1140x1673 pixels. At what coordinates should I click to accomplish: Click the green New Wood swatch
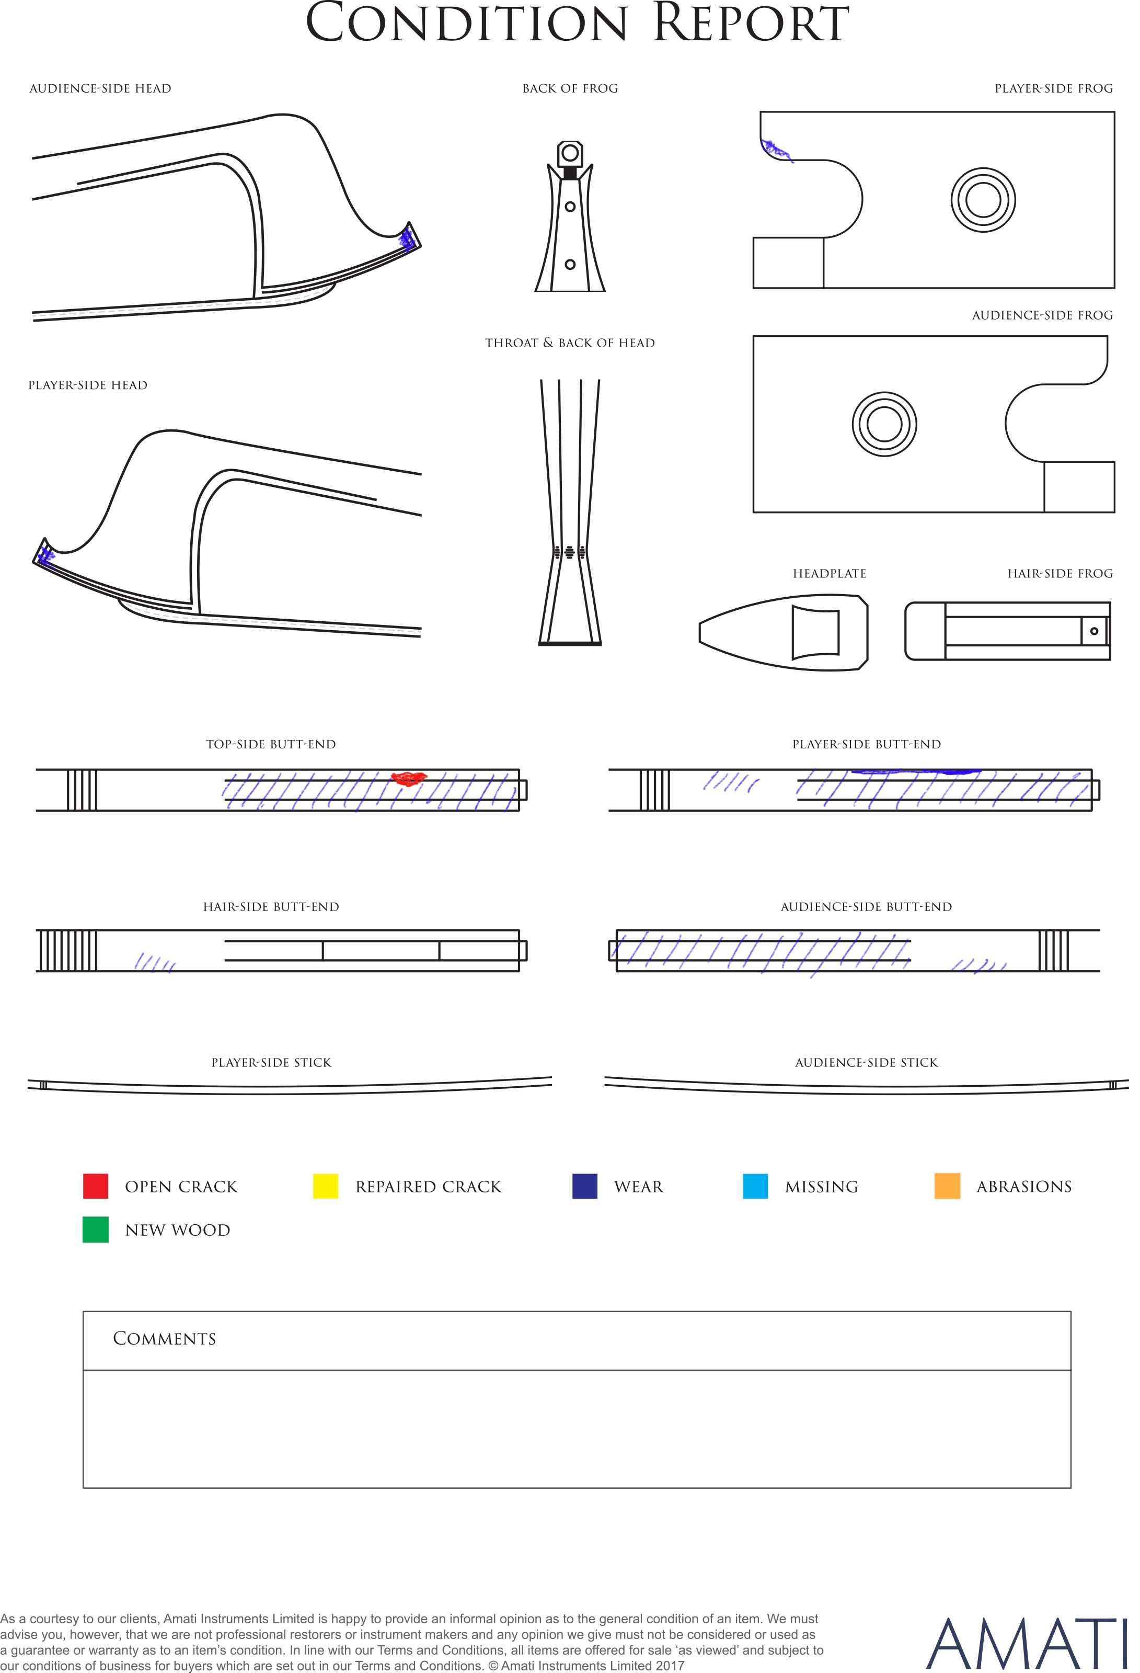[x=96, y=1230]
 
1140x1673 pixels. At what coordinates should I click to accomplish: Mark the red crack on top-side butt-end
[x=409, y=778]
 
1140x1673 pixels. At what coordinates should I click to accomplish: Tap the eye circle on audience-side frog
[x=884, y=424]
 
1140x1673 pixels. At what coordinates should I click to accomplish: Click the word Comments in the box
[x=164, y=1338]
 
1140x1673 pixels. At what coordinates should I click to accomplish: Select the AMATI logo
[x=1026, y=1644]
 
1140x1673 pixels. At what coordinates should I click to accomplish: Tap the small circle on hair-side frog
[x=1094, y=631]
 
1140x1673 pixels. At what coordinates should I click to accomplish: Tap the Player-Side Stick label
[x=271, y=1063]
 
